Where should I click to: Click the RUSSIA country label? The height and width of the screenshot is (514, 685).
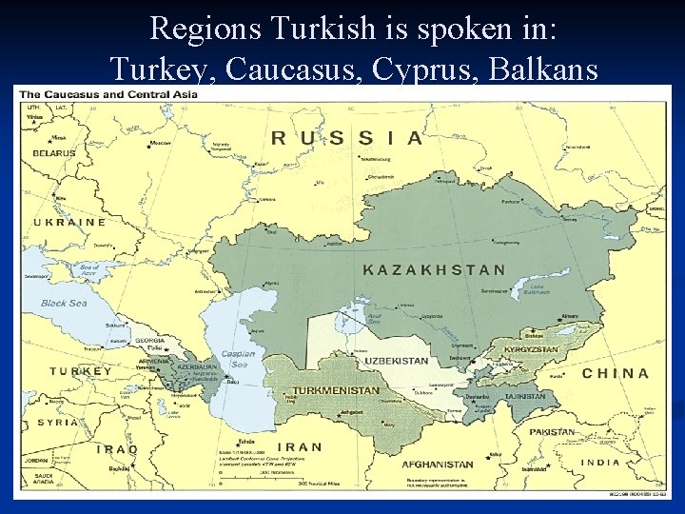pyautogui.click(x=347, y=138)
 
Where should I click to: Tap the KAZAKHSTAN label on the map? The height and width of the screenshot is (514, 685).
pyautogui.click(x=434, y=270)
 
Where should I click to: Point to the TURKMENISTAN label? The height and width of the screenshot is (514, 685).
pyautogui.click(x=336, y=390)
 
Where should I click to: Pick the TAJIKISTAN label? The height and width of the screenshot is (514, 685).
pyautogui.click(x=524, y=396)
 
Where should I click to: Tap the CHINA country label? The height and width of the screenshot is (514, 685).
pyautogui.click(x=615, y=374)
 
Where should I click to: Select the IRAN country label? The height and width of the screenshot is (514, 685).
pyautogui.click(x=300, y=446)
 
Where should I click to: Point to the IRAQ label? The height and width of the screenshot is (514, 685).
pyautogui.click(x=116, y=448)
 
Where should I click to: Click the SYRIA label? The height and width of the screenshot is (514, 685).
pyautogui.click(x=58, y=422)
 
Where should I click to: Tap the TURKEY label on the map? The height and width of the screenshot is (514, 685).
pyautogui.click(x=80, y=371)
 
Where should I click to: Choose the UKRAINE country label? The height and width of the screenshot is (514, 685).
pyautogui.click(x=68, y=222)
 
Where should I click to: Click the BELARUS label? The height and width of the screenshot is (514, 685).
pyautogui.click(x=53, y=153)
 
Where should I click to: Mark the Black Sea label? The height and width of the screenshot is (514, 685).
pyautogui.click(x=63, y=304)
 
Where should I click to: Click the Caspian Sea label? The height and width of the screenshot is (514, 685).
pyautogui.click(x=238, y=359)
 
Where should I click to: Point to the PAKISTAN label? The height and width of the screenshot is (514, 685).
pyautogui.click(x=552, y=431)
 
